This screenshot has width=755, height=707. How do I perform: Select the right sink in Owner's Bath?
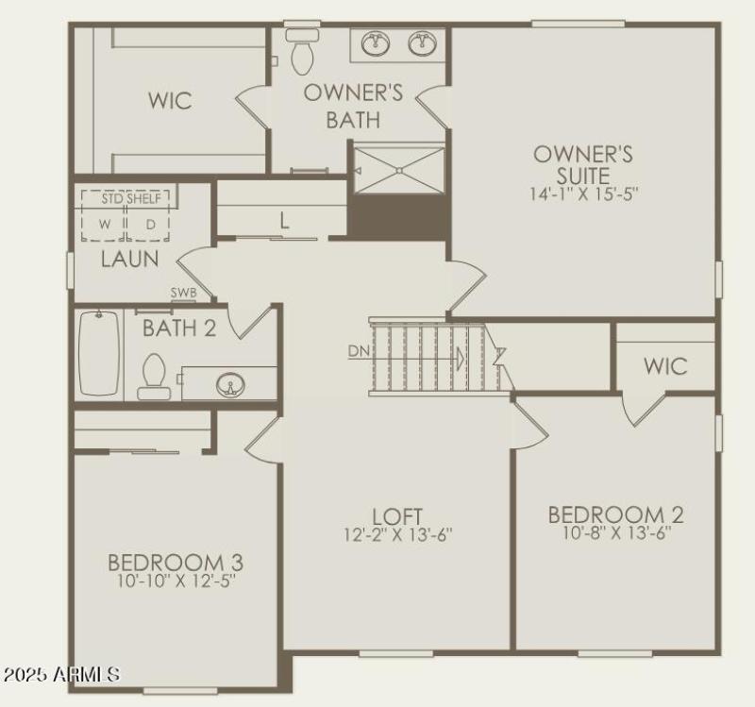pyautogui.click(x=422, y=43)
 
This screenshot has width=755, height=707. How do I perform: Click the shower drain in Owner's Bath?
pyautogui.click(x=399, y=171)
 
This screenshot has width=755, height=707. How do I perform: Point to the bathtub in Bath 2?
pyautogui.click(x=99, y=353)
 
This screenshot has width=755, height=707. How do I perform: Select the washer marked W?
pyautogui.click(x=106, y=225)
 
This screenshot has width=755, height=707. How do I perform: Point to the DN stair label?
pyautogui.click(x=359, y=351)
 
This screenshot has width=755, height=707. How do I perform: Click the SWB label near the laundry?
pyautogui.click(x=183, y=293)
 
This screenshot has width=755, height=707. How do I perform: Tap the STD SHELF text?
pyautogui.click(x=126, y=197)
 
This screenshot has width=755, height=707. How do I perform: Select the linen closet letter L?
pyautogui.click(x=283, y=221)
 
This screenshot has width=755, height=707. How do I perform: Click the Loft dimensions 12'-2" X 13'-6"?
pyautogui.click(x=398, y=535)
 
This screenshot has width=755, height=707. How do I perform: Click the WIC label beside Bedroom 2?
pyautogui.click(x=665, y=365)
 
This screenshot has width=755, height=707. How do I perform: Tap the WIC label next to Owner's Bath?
pyautogui.click(x=171, y=100)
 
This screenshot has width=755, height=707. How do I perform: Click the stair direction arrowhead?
pyautogui.click(x=461, y=359)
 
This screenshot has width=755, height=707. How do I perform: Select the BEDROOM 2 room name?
pyautogui.click(x=615, y=514)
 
